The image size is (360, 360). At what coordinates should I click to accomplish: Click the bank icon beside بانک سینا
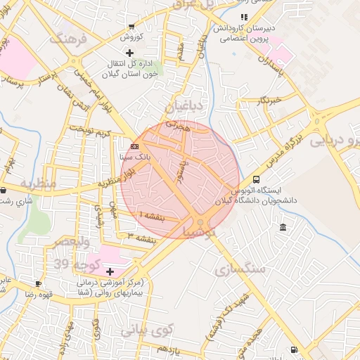coord(135,146)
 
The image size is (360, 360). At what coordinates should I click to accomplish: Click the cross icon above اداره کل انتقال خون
coord(129,53)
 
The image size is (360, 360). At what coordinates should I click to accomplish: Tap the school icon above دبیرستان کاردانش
coord(244,16)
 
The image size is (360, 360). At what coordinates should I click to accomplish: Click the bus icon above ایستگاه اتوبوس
coord(255,179)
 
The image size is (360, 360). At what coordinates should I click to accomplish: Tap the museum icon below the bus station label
coord(283,226)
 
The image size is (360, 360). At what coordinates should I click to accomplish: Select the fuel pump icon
coord(292,349)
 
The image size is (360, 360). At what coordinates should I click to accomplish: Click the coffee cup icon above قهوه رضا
coord(38,284)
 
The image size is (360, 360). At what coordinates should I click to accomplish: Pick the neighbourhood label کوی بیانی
coord(147,329)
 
